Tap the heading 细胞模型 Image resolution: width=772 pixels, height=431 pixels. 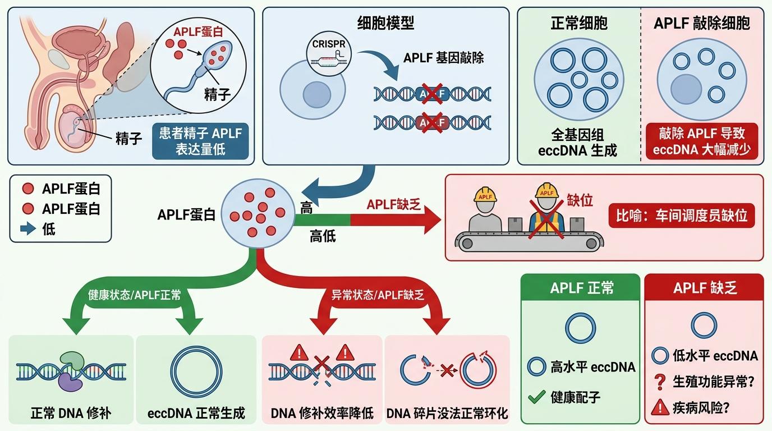385,23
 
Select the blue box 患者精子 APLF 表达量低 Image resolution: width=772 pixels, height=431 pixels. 200,141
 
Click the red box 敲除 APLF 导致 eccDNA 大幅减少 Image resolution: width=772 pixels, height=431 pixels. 701,141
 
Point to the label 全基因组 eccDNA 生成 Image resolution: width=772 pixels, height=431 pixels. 577,143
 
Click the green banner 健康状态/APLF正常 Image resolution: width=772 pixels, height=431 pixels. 134,295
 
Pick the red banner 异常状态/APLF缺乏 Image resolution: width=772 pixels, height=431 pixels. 377,295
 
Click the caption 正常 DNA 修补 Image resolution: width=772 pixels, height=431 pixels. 71,414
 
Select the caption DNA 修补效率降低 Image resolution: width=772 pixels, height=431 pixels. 322,414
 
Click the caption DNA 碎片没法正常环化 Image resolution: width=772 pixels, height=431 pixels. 447,414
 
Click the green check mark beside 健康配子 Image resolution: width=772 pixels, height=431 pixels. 537,398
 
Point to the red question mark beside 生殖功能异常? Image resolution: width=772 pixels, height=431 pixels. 660,382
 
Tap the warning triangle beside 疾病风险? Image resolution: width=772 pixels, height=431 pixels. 660,407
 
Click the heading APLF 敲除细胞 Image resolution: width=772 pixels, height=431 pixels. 701,23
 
